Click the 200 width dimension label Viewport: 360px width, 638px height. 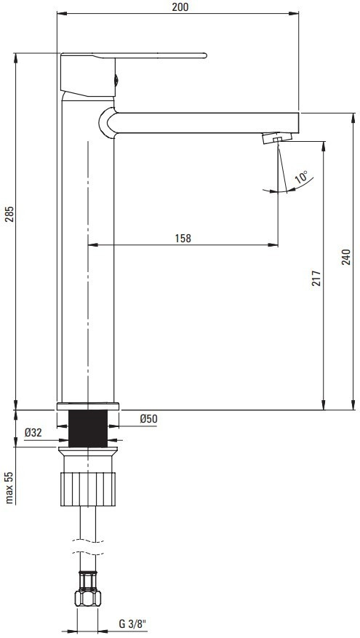[180, 7]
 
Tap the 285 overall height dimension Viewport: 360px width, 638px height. [9, 214]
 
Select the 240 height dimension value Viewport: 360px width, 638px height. [345, 257]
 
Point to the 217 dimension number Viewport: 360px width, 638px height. [316, 278]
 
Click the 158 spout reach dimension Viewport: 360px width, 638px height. [183, 238]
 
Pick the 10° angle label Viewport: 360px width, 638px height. [301, 178]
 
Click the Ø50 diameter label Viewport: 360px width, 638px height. [148, 419]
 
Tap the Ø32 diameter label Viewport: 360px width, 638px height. [33, 433]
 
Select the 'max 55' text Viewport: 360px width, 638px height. [9, 487]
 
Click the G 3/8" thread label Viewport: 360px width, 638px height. [132, 623]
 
